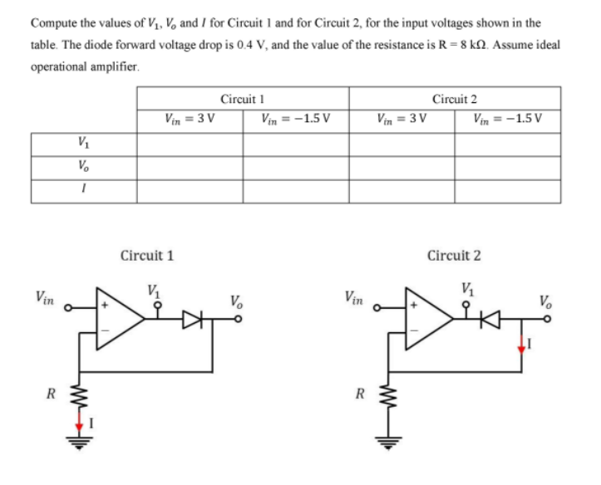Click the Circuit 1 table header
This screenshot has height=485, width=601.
coord(243,98)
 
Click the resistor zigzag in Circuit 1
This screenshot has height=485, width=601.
coord(81,389)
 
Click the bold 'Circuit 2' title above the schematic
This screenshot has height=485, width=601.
coord(453,255)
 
